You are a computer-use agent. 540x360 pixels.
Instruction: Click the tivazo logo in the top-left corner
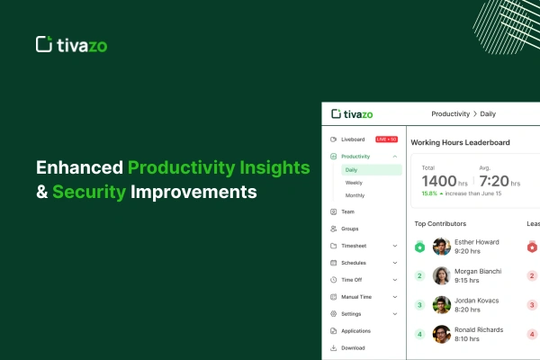(x=70, y=44)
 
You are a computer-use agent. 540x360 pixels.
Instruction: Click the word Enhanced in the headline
(x=78, y=166)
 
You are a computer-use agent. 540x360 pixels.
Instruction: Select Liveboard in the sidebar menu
(x=354, y=139)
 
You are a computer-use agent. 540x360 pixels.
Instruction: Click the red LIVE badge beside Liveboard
(x=386, y=139)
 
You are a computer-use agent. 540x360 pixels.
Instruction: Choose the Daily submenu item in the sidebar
(x=351, y=169)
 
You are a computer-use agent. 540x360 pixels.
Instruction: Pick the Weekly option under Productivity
(x=354, y=182)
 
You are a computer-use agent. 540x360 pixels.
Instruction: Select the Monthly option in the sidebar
(x=355, y=195)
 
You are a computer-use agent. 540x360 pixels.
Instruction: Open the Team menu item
(x=347, y=211)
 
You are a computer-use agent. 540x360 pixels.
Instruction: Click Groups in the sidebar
(x=350, y=229)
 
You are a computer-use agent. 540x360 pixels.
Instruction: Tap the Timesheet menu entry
(x=354, y=246)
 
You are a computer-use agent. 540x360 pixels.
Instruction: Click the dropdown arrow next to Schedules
(x=395, y=263)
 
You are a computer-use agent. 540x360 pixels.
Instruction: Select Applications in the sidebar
(x=356, y=331)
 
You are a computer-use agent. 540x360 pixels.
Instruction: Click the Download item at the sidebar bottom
(x=353, y=347)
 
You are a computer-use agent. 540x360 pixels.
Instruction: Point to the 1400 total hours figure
(x=440, y=180)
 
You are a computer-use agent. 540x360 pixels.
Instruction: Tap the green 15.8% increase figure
(x=430, y=193)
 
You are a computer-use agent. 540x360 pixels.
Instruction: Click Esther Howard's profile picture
(x=442, y=247)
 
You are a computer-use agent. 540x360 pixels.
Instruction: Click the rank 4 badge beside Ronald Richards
(x=419, y=334)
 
